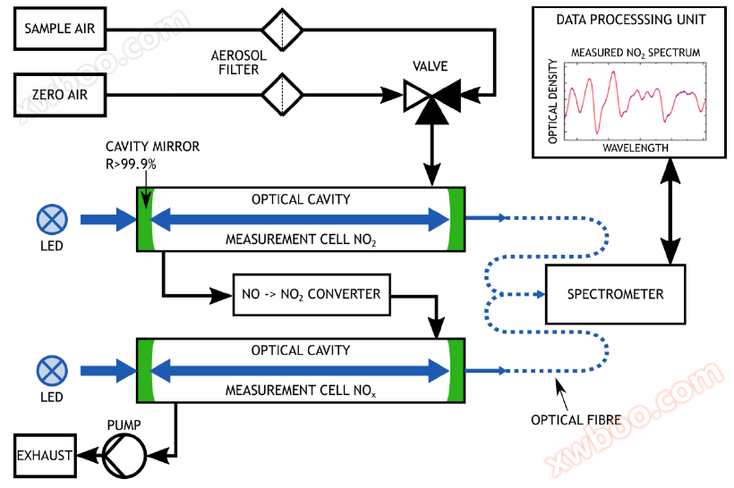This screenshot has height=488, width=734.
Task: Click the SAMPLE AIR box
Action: [x=60, y=29]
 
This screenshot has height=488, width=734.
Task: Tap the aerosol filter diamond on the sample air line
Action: [x=282, y=29]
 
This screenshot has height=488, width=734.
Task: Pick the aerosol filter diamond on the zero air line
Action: [x=282, y=93]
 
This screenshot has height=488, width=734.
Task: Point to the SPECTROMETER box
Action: [x=615, y=294]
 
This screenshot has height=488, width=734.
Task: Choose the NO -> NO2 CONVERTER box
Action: [x=312, y=294]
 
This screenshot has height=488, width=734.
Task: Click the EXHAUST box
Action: [x=44, y=456]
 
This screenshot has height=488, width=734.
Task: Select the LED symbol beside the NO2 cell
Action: [x=51, y=219]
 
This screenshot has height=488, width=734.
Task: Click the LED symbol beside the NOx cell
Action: [x=51, y=369]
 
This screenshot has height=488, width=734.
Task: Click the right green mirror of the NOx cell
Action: [x=456, y=370]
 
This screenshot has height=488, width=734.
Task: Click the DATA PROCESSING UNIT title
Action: [x=630, y=20]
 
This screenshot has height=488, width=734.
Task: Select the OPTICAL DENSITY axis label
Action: [x=553, y=101]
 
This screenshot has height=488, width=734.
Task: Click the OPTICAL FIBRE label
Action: [x=569, y=419]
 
